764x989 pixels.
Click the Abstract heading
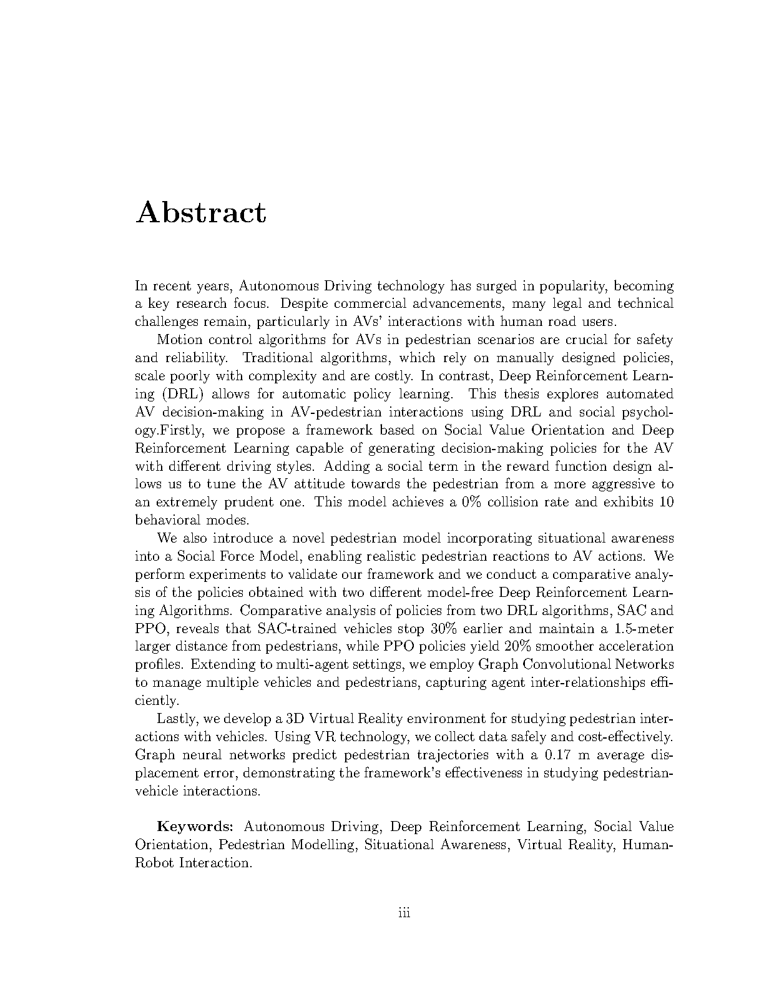201,212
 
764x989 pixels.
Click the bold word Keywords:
195,827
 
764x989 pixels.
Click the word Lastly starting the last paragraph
175,719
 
